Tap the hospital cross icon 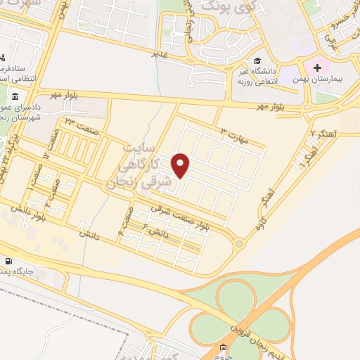[318, 69]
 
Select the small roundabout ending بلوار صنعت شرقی [239, 244]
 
